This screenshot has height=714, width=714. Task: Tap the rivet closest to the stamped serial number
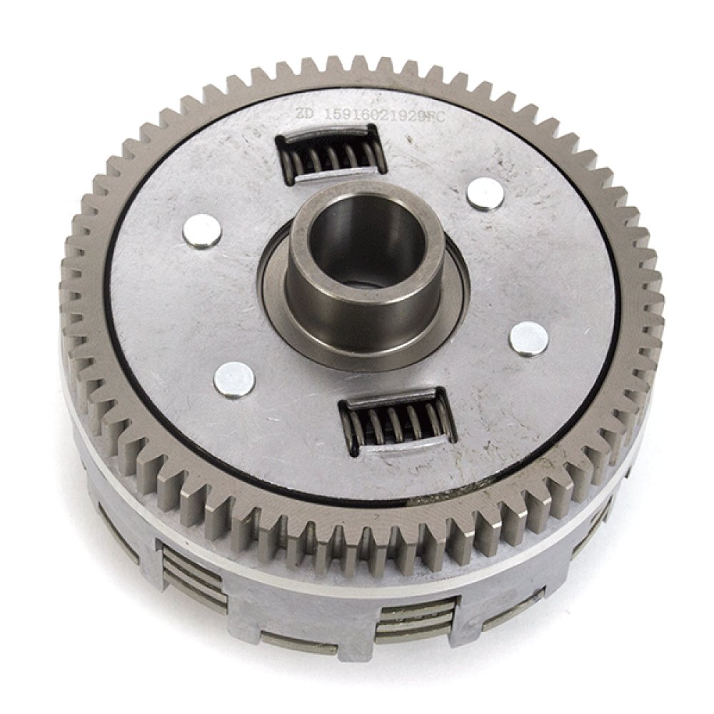[485, 193]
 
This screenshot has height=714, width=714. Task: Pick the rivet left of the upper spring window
[202, 231]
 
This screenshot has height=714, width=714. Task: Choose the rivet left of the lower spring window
[234, 378]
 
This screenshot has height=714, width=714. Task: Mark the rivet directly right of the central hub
[529, 338]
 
